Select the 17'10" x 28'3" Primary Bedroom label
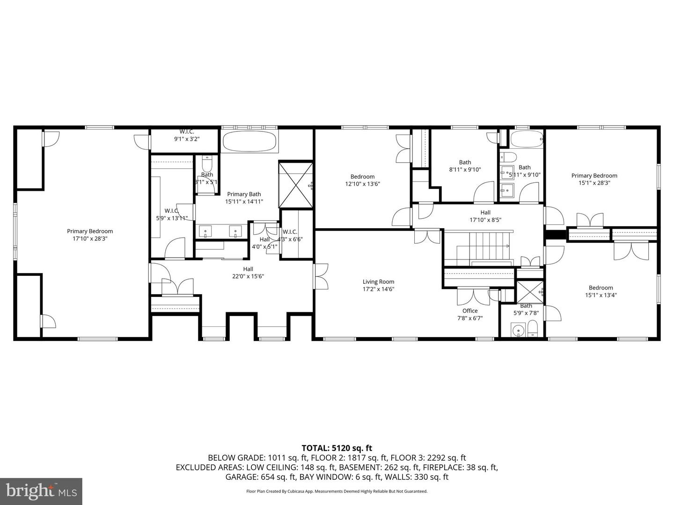click(90, 235)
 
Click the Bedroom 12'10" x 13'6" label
click(362, 180)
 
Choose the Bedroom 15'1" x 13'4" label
click(601, 291)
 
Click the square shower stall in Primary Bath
click(296, 185)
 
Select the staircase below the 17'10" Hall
click(487, 246)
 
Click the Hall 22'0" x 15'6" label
click(248, 273)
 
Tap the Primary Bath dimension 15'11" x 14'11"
click(244, 202)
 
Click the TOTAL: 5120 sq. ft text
click(337, 448)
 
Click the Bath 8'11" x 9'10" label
click(465, 166)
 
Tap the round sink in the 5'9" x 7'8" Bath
click(517, 331)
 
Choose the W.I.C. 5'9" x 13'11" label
click(171, 214)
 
